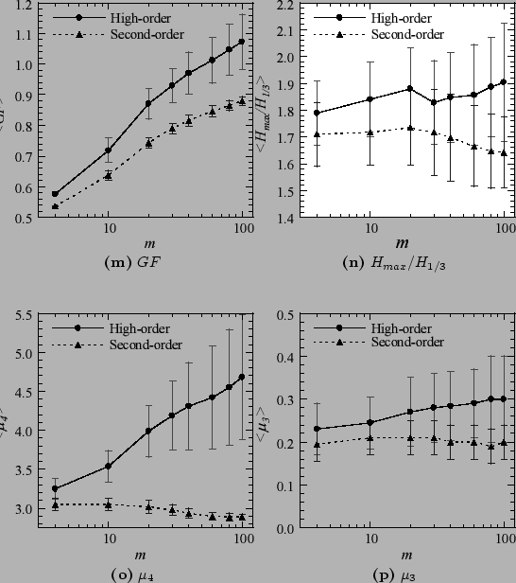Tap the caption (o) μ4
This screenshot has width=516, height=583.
tap(127, 574)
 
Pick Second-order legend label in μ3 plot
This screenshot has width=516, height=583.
tap(407, 343)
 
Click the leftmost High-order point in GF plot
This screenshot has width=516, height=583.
tap(55, 193)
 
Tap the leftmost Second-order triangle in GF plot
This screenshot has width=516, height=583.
tap(55, 205)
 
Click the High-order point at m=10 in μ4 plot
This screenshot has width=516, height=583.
tap(109, 466)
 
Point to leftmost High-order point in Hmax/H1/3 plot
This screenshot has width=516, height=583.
tap(317, 113)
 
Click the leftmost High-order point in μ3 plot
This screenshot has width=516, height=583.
tap(317, 429)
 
